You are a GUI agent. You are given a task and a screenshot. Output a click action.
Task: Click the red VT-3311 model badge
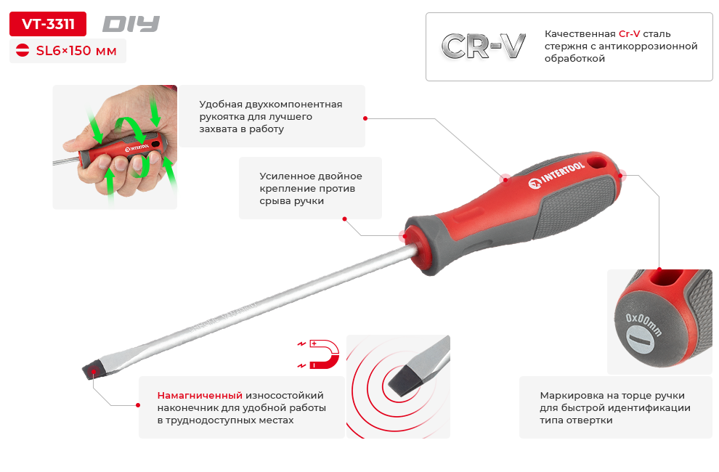click(48, 24)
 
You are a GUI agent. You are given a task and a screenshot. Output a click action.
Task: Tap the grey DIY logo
click(131, 24)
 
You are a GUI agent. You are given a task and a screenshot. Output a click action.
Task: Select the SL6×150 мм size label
click(76, 50)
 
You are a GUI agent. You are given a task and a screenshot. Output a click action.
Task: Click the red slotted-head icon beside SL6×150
click(23, 50)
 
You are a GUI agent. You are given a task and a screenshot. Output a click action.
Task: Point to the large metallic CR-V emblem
click(483, 46)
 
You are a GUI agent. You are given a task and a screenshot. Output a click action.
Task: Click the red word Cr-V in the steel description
click(629, 34)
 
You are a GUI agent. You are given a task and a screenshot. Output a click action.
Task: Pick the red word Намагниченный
click(200, 396)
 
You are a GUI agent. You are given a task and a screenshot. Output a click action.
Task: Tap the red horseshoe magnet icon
click(324, 354)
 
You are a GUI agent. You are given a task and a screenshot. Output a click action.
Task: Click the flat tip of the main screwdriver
click(90, 370)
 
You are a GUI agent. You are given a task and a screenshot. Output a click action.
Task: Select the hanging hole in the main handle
click(597, 162)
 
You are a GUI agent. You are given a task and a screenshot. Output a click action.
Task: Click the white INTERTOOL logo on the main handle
click(556, 175)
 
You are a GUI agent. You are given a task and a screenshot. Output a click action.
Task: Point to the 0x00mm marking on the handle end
click(643, 324)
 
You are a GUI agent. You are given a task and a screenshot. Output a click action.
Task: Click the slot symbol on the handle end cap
click(640, 340)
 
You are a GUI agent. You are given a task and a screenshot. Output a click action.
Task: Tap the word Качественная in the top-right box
click(580, 34)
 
